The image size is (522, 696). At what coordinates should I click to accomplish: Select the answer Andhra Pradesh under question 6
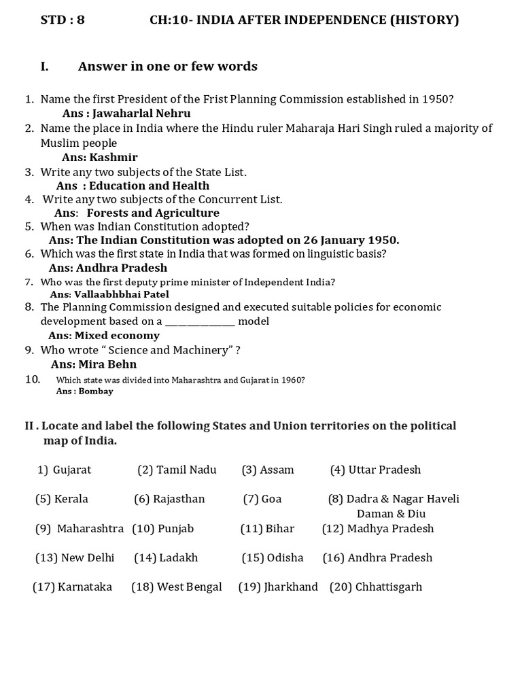(122, 268)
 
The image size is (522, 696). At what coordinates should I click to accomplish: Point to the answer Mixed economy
(117, 335)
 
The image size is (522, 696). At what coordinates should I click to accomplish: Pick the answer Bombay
(96, 391)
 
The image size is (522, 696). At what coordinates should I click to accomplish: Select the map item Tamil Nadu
(186, 470)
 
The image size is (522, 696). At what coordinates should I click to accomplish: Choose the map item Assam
(277, 470)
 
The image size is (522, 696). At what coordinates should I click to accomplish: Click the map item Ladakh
(179, 557)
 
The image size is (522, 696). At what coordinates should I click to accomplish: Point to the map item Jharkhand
(291, 587)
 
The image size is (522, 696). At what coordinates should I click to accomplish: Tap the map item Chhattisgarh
(388, 587)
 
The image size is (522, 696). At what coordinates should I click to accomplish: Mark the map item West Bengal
(189, 587)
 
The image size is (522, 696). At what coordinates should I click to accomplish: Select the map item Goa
(271, 499)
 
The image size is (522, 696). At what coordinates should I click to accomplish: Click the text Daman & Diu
(390, 514)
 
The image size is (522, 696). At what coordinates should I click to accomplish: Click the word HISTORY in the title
(429, 20)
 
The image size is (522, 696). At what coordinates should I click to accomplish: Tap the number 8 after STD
(81, 20)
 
